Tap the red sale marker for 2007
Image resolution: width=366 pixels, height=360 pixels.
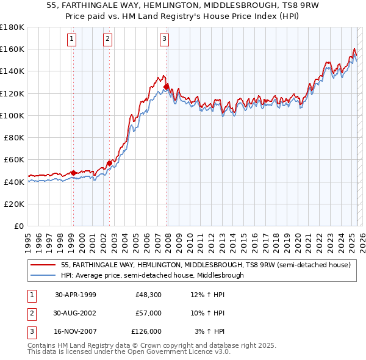pyautogui.click(x=167, y=87)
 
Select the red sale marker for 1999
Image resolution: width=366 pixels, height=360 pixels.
pyautogui.click(x=73, y=173)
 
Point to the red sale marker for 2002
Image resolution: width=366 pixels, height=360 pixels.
pyautogui.click(x=109, y=163)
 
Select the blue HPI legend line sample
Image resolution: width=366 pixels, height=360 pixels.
pyautogui.click(x=44, y=275)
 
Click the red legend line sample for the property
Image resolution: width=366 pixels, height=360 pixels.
pyautogui.click(x=44, y=265)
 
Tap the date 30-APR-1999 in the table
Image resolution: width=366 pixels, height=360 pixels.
pyautogui.click(x=76, y=295)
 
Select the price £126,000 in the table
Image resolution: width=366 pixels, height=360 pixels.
pyautogui.click(x=146, y=331)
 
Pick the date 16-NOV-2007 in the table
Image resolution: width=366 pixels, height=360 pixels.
pyautogui.click(x=76, y=331)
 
